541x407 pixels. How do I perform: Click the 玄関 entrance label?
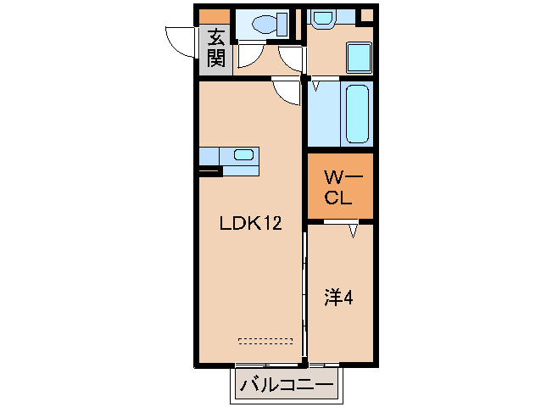tap(215, 48)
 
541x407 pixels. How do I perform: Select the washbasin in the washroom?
tap(322, 16)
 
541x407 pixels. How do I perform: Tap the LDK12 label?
tap(250, 224)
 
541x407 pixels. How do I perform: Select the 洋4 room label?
tap(339, 298)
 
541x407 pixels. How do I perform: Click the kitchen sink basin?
tap(243, 155)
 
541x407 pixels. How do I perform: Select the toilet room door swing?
tap(250, 56)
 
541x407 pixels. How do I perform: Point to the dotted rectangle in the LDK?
tap(265, 341)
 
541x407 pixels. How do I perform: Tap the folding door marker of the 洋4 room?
tap(352, 230)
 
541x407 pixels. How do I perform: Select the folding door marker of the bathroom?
tap(315, 86)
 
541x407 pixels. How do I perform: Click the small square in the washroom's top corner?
tap(365, 14)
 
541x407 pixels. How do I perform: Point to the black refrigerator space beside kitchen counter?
tap(209, 171)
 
